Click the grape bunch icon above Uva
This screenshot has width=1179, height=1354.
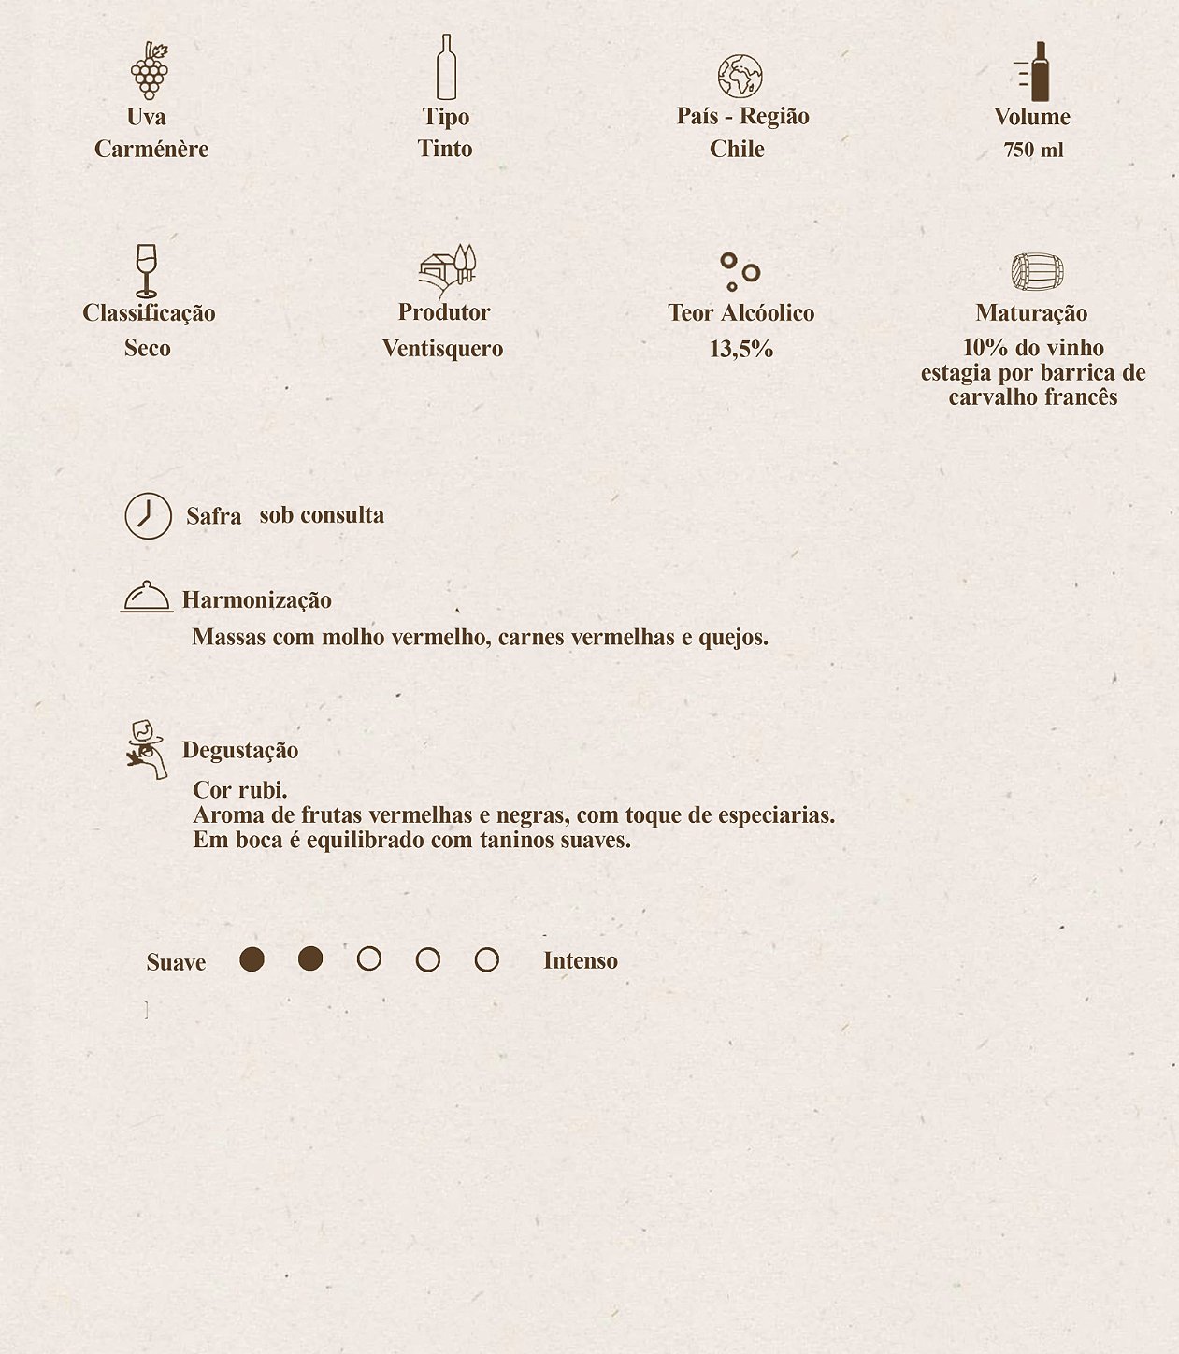pos(150,70)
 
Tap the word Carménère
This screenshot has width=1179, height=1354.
pos(151,149)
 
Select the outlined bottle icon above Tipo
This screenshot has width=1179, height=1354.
pos(446,67)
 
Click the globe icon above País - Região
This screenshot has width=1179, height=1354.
pos(740,77)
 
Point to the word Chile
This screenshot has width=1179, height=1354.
pos(737,149)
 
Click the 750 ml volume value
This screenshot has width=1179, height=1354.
pos(1033,151)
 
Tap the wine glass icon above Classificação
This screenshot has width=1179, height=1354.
pos(146,270)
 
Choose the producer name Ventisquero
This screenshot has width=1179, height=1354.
pos(442,349)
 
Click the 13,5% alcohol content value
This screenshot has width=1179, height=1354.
pos(741,350)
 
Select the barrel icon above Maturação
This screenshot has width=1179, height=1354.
pos(1037,272)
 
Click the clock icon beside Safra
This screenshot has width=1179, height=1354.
pos(149,515)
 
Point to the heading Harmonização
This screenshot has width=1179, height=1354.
pos(256,600)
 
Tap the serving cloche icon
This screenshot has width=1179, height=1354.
pos(147,597)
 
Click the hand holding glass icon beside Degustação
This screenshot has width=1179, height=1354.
pos(147,749)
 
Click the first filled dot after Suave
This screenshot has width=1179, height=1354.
pos(252,959)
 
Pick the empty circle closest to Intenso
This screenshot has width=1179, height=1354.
pos(486,959)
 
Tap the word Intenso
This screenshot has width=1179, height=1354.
pos(581,961)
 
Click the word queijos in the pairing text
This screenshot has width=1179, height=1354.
pos(733,638)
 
